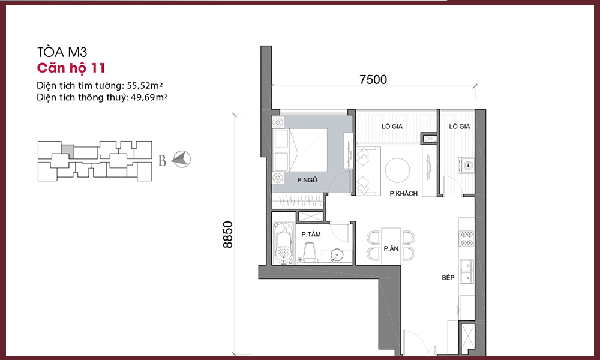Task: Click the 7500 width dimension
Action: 373,80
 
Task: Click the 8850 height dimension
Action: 227,235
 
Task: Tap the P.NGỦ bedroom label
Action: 307,180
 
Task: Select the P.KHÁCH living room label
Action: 404,193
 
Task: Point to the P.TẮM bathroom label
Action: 311,234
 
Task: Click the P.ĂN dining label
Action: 391,248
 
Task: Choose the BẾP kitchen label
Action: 448,277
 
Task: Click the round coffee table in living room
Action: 398,170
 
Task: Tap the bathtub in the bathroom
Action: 284,244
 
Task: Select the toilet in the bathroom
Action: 309,253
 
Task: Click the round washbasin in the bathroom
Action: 337,256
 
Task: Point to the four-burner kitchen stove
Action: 466,238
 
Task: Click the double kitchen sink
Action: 466,272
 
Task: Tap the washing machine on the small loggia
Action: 466,166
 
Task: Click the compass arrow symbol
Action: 181,159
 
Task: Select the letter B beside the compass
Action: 162,161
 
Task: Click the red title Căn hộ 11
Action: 71,68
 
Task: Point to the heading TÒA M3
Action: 62,52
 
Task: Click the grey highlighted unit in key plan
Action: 67,151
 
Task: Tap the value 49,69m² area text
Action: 149,97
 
